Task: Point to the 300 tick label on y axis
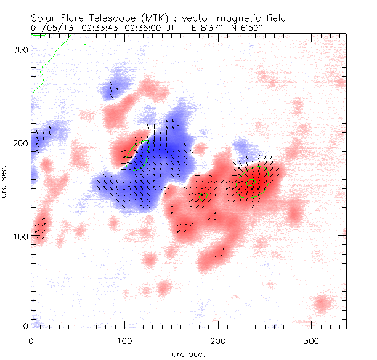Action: pos(22,49)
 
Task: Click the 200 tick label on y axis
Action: pos(22,143)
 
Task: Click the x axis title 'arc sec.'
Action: pos(188,354)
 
